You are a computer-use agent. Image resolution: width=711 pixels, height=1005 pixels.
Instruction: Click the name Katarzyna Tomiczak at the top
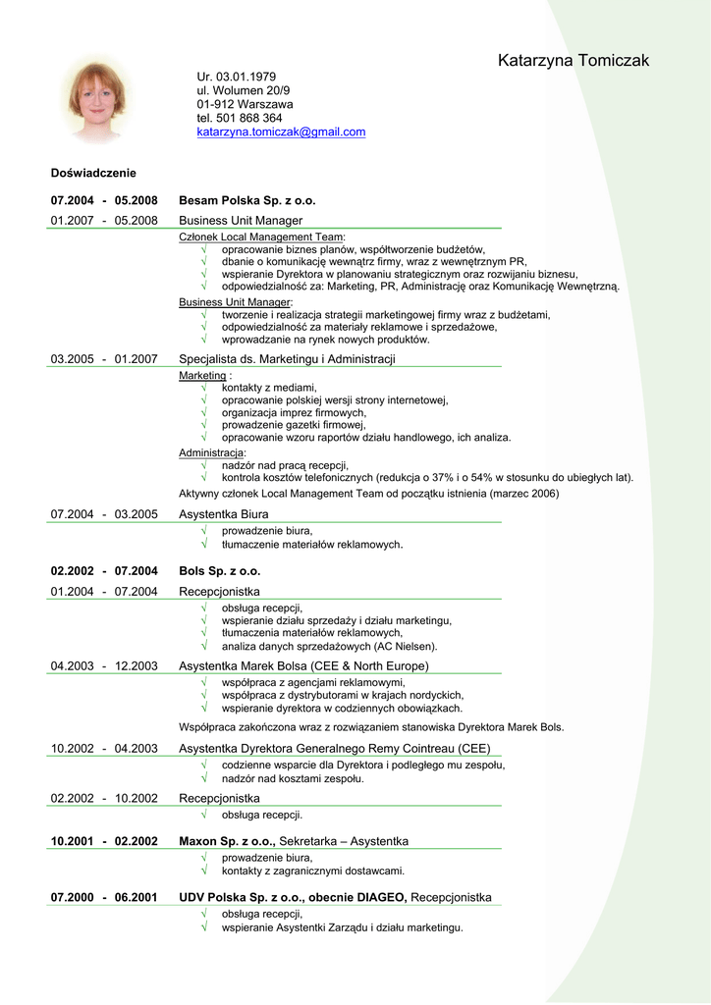click(573, 61)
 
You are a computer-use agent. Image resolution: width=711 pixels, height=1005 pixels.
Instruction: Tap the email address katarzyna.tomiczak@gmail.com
click(281, 132)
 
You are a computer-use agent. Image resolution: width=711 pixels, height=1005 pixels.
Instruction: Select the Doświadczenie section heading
click(93, 173)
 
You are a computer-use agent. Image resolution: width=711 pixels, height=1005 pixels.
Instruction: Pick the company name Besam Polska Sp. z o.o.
click(247, 200)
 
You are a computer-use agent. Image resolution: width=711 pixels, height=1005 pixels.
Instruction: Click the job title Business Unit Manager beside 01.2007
click(241, 221)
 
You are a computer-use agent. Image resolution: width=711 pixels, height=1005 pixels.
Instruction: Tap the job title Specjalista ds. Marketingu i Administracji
click(287, 359)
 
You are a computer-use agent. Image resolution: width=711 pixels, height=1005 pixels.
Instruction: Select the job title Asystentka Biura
click(223, 514)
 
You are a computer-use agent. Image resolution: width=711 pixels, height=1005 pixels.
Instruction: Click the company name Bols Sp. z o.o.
click(219, 571)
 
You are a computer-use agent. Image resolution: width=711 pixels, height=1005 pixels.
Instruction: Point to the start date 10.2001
click(73, 841)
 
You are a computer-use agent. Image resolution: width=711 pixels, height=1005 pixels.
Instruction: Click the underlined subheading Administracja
click(211, 452)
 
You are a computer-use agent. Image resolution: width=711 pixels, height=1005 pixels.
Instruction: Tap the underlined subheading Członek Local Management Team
click(260, 237)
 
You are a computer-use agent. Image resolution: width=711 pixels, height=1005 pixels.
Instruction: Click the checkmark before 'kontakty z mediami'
click(203, 388)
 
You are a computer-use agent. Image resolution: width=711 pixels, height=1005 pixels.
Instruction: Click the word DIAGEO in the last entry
click(376, 898)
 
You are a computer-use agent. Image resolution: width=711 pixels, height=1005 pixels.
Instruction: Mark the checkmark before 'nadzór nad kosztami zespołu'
click(203, 778)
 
